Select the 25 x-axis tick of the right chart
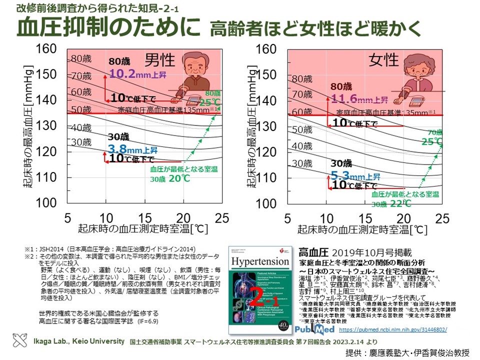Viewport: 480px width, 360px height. click(x=442, y=218)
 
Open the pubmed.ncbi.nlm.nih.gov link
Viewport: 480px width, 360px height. click(x=392, y=330)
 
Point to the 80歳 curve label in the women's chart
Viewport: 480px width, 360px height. click(x=302, y=78)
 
